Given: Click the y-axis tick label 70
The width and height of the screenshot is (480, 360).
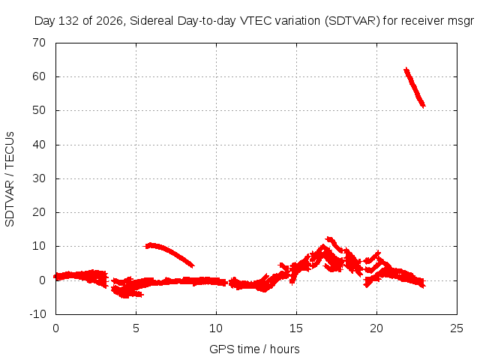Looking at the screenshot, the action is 39,43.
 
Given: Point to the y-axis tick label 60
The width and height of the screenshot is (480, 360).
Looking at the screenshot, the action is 39,76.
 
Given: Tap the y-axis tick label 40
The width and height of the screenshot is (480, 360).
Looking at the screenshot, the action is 39,145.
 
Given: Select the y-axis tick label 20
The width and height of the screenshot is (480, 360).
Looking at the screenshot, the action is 39,212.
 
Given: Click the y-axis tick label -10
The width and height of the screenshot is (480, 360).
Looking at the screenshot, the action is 37,314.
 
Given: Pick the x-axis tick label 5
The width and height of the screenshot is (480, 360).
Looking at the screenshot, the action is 136,328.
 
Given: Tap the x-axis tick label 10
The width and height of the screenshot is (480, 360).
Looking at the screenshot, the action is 216,328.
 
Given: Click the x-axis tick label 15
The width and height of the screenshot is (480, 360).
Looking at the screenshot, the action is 296,328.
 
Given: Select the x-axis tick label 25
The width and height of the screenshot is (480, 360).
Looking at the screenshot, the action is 457,328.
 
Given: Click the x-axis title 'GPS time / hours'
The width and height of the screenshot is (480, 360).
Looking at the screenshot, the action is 254,349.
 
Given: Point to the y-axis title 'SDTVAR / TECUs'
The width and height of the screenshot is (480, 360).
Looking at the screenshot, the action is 10,179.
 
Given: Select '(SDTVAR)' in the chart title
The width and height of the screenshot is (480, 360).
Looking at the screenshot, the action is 352,21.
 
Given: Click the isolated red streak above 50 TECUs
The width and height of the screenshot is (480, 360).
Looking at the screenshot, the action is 415,88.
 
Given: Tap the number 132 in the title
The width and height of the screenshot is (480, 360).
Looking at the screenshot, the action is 69,21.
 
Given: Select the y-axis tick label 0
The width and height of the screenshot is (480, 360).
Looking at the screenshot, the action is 42,280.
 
